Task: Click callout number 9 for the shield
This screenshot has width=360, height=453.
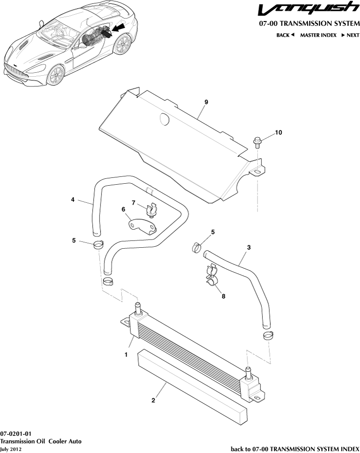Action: coord(206,102)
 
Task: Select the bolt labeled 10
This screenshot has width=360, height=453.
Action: coord(257,142)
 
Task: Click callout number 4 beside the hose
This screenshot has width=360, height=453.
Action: coord(73,199)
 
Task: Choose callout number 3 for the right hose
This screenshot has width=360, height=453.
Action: coord(249,248)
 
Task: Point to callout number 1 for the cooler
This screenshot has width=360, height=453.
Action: coord(126,355)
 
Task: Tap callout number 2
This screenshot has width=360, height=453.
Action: coord(153,401)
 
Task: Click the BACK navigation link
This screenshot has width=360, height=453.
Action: coord(285,35)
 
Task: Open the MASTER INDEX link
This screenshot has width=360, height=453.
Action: coord(318,35)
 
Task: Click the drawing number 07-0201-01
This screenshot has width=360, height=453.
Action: coord(16,433)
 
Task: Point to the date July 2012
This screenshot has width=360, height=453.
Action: coord(11,449)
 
